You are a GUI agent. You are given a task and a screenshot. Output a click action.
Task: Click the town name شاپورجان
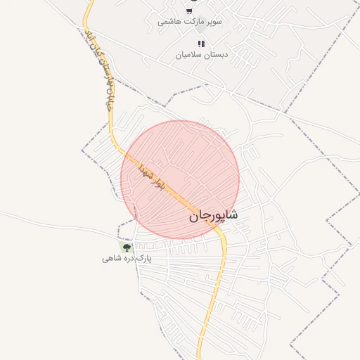[x=213, y=216]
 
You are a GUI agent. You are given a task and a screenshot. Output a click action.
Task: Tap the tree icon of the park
[x=127, y=247]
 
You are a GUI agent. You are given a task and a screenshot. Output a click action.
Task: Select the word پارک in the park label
[x=143, y=259]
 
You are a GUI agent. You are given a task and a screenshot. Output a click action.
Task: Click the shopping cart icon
[x=189, y=11]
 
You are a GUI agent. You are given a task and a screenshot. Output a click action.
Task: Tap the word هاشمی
[x=169, y=22]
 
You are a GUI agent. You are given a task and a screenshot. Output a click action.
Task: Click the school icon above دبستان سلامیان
[x=202, y=44]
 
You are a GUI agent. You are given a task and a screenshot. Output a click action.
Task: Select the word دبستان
[x=210, y=55]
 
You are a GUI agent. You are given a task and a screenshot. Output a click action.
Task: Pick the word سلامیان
[x=186, y=55]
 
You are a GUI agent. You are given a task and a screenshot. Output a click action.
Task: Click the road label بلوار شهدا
[x=152, y=175]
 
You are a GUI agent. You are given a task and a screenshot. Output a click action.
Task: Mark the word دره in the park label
[x=127, y=259]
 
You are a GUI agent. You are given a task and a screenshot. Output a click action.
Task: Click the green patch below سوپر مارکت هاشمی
[x=200, y=30]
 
